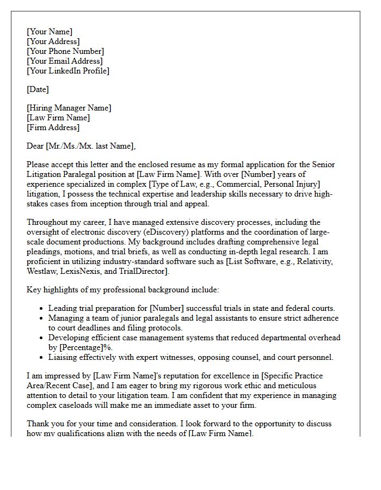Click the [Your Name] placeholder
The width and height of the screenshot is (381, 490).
coord(50,32)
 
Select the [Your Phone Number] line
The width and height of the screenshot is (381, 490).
coord(65,51)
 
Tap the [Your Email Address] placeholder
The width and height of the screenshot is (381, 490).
coord(64,61)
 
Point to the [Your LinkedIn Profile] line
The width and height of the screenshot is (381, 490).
coord(68,71)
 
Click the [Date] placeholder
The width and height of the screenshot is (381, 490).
coord(38,89)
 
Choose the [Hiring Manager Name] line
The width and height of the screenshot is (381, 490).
coord(69,108)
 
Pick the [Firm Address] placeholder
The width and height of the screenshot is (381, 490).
coord(53,127)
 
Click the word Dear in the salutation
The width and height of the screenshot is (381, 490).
coord(36,146)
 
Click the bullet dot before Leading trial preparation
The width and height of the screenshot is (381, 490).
coord(41,309)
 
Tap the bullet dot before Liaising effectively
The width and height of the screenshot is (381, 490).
coord(41,358)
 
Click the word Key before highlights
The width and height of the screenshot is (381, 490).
coord(34,290)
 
